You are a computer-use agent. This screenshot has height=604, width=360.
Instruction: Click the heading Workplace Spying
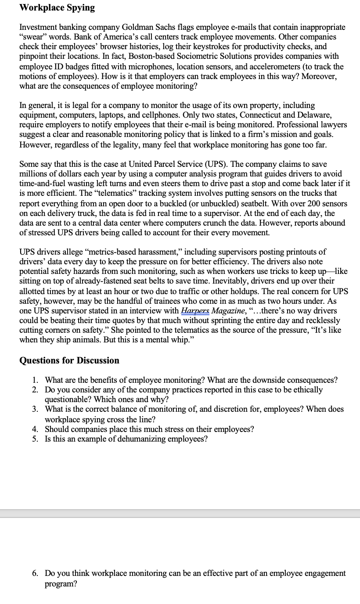pyautogui.click(x=57, y=7)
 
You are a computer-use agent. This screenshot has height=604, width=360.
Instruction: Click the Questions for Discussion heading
pyautogui.click(x=69, y=360)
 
